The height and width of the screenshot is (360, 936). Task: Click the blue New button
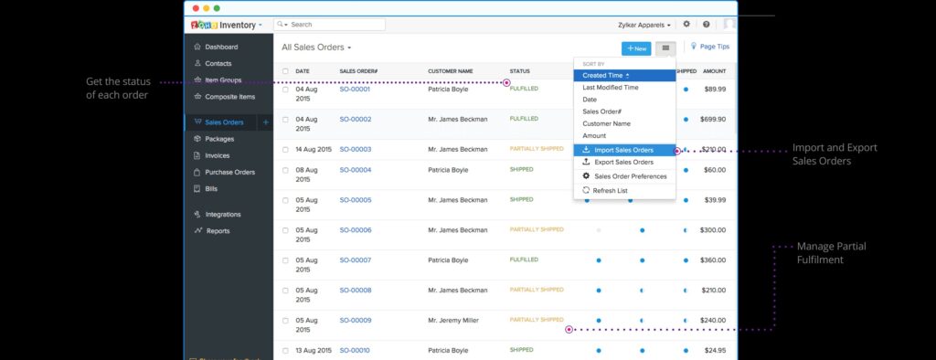pyautogui.click(x=636, y=48)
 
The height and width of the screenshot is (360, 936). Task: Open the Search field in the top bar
pyautogui.click(x=334, y=25)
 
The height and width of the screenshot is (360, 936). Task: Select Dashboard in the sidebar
pyautogui.click(x=221, y=47)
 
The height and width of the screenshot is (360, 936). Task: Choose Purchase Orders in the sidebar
pyautogui.click(x=229, y=172)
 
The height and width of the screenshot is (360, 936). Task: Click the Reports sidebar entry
pyautogui.click(x=218, y=231)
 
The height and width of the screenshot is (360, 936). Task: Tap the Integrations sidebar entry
pyautogui.click(x=223, y=215)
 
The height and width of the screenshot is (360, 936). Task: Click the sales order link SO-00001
pyautogui.click(x=355, y=90)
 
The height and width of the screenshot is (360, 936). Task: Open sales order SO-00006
pyautogui.click(x=355, y=230)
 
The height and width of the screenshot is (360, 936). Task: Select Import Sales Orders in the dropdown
pyautogui.click(x=623, y=150)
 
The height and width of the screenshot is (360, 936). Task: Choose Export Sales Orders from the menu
pyautogui.click(x=623, y=162)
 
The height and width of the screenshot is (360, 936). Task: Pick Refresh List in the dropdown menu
pyautogui.click(x=610, y=191)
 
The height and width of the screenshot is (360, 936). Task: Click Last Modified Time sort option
pyautogui.click(x=611, y=87)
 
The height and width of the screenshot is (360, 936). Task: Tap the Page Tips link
pyautogui.click(x=713, y=47)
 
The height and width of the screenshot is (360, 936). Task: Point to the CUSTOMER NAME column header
pyautogui.click(x=450, y=70)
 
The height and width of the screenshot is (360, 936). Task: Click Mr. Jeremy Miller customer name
pyautogui.click(x=457, y=321)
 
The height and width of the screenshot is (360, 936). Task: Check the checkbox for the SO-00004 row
pyautogui.click(x=285, y=170)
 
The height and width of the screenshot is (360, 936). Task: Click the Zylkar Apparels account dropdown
pyautogui.click(x=643, y=25)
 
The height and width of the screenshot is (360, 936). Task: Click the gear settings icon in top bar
pyautogui.click(x=686, y=25)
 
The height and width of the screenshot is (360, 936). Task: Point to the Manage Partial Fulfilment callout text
pyautogui.click(x=831, y=253)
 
